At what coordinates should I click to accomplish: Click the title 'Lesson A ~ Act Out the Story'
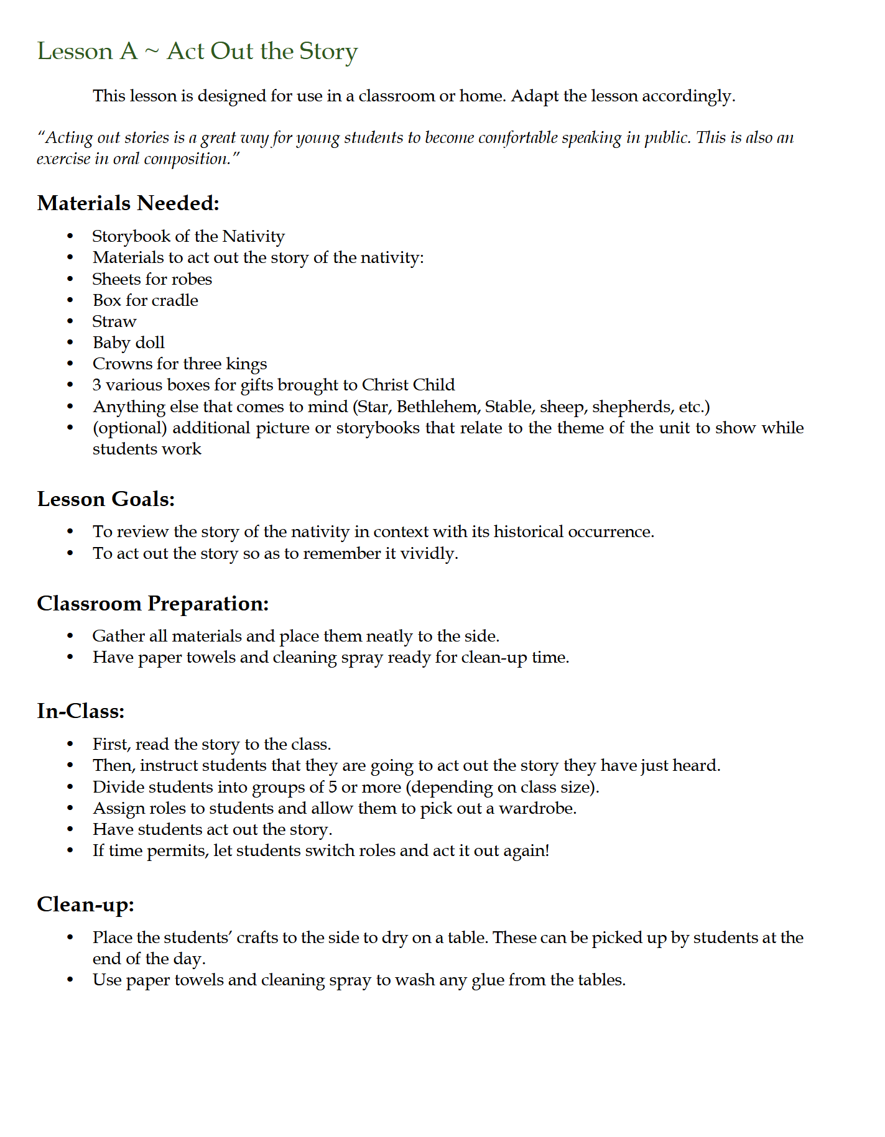pos(197,52)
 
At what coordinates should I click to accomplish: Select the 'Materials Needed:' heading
pos(128,203)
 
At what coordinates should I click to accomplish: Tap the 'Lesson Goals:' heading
pos(106,499)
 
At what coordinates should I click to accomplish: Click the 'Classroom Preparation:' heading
pos(152,604)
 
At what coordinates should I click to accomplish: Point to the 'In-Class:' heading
pos(80,711)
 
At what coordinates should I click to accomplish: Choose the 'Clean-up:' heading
pos(85,905)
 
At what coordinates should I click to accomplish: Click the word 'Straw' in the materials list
pos(114,321)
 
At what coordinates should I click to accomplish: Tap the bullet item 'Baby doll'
pos(128,343)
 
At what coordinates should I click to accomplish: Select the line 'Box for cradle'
pos(145,300)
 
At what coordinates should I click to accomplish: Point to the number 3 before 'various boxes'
pos(97,385)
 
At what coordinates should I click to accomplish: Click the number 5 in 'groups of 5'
pos(333,787)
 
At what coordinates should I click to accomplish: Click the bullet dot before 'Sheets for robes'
pos(70,280)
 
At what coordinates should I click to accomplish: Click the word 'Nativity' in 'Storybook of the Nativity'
pos(253,236)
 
